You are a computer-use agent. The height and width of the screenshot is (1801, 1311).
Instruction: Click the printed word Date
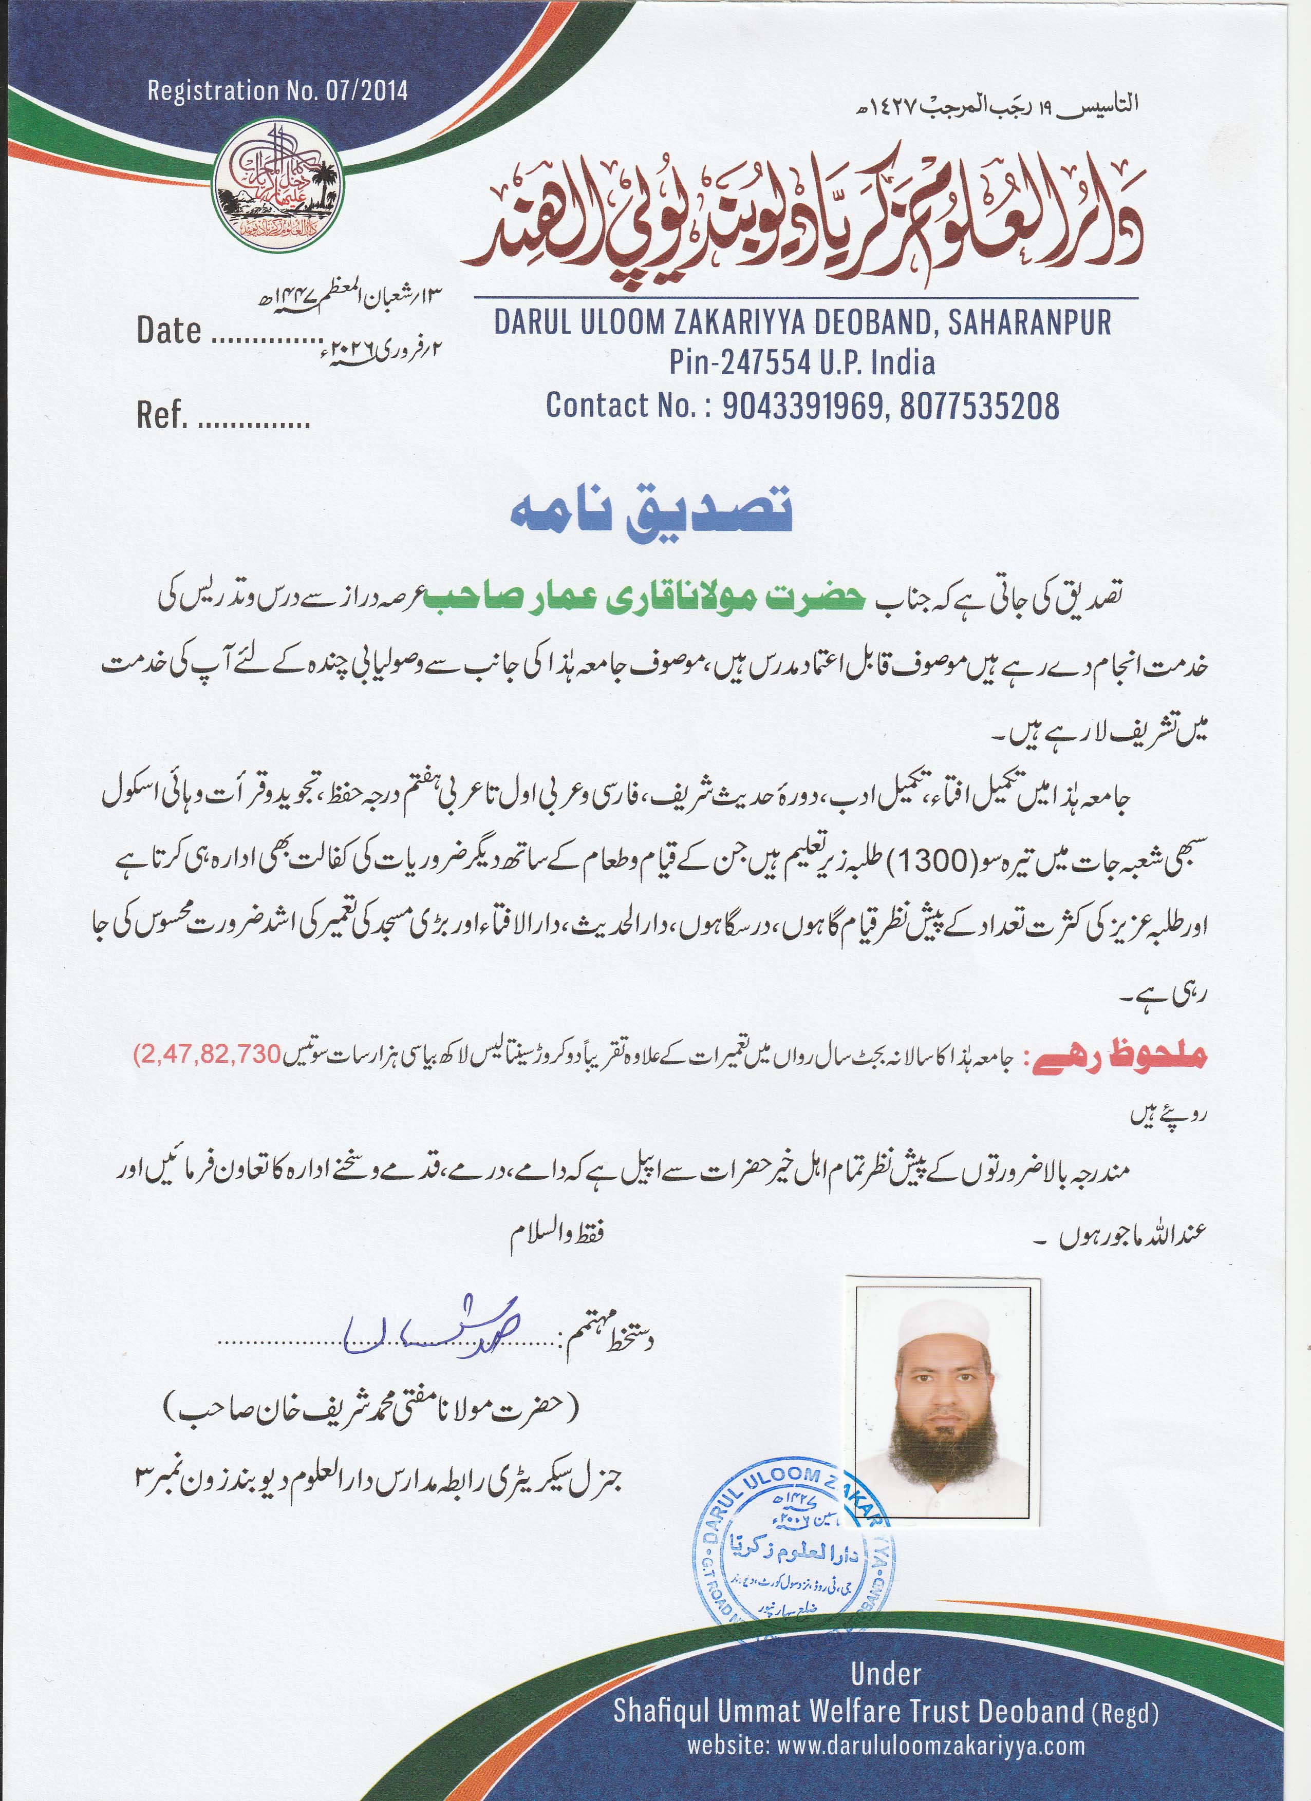(168, 330)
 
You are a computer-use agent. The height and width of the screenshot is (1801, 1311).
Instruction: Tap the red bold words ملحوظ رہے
(1119, 1058)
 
